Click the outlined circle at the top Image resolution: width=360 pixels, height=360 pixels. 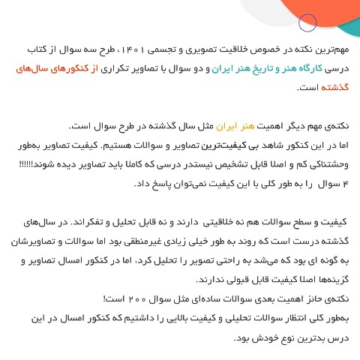(306, 23)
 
